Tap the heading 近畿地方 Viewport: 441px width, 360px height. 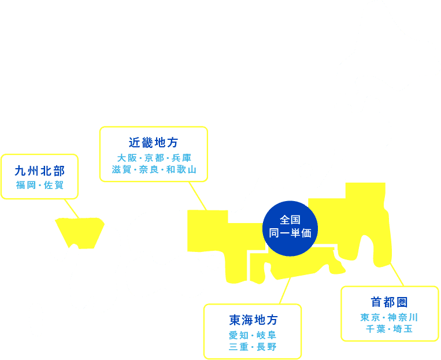153,143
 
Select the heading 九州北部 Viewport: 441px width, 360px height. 39,171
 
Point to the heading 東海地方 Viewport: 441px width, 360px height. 253,320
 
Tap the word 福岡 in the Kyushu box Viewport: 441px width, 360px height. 26,185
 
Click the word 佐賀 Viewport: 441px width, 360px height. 54,185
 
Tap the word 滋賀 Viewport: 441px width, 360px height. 121,170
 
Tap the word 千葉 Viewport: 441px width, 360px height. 375,329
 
